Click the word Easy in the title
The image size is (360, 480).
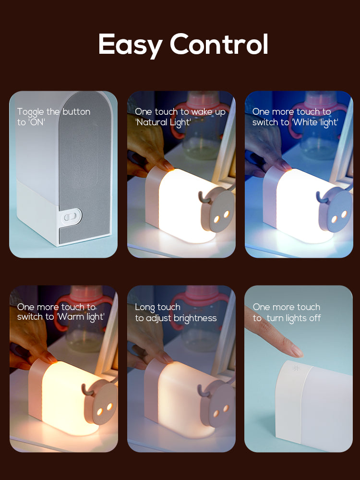pyautogui.click(x=131, y=45)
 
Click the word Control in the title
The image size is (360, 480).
pyautogui.click(x=219, y=44)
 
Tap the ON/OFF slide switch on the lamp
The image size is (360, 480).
pyautogui.click(x=71, y=216)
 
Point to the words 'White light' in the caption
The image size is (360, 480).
pyautogui.click(x=315, y=122)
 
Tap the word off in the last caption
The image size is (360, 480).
pyautogui.click(x=315, y=318)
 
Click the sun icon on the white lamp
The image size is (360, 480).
pyautogui.click(x=295, y=368)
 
